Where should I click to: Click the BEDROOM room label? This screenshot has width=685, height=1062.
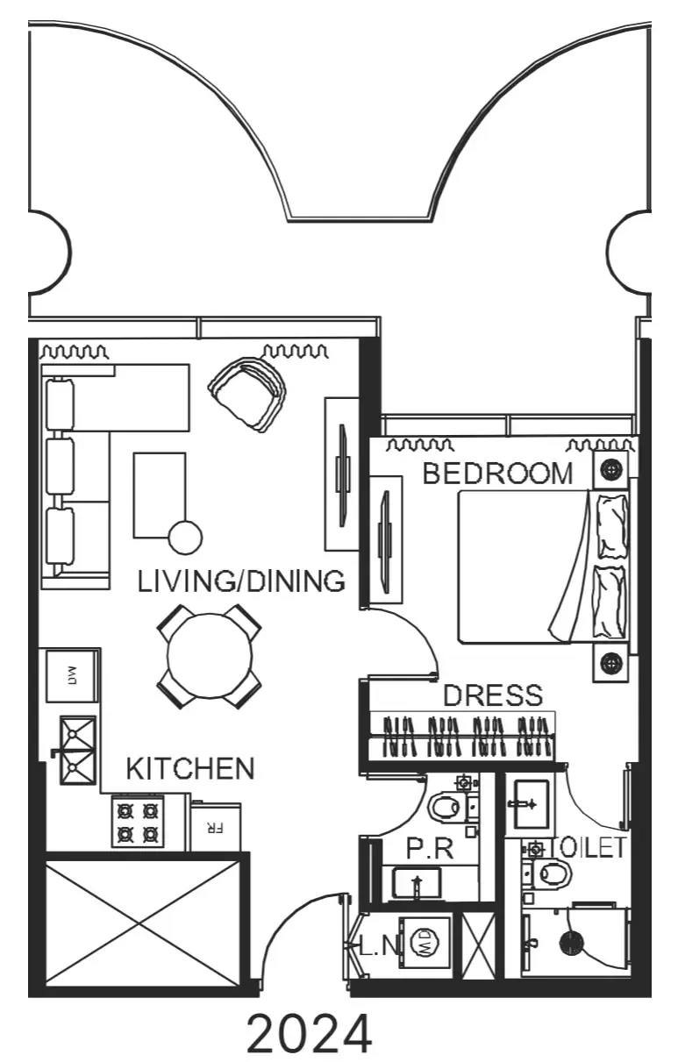pyautogui.click(x=498, y=474)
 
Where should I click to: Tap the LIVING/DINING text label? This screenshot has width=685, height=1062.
pyautogui.click(x=241, y=581)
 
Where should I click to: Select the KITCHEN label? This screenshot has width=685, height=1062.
pyautogui.click(x=190, y=768)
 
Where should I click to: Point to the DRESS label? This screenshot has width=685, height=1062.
pyautogui.click(x=493, y=695)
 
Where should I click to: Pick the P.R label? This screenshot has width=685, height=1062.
pyautogui.click(x=430, y=848)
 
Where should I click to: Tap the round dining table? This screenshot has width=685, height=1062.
pyautogui.click(x=210, y=656)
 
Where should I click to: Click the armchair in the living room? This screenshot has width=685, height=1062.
pyautogui.click(x=247, y=394)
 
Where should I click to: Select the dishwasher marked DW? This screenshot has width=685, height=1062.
pyautogui.click(x=73, y=675)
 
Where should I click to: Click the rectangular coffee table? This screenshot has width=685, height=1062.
pyautogui.click(x=160, y=495)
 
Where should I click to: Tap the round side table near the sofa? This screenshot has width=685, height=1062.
pyautogui.click(x=186, y=538)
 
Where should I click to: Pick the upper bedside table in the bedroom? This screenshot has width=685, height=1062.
pyautogui.click(x=611, y=469)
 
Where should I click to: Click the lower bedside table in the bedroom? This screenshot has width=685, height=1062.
pyautogui.click(x=610, y=662)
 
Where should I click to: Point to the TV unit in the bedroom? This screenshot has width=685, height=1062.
pyautogui.click(x=386, y=539)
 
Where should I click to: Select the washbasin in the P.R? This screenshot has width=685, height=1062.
pyautogui.click(x=417, y=883)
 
